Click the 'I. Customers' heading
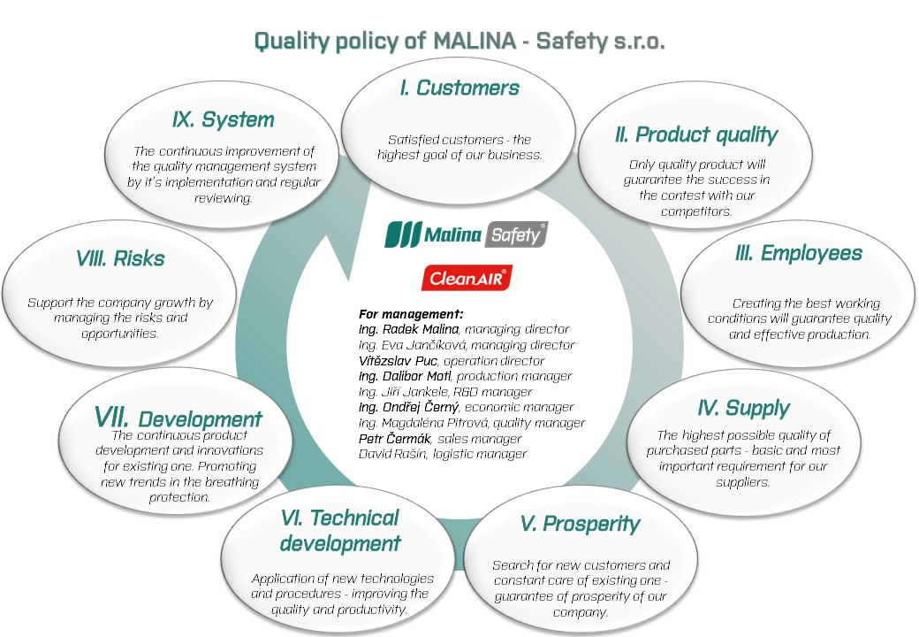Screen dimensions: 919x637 coord(459,88)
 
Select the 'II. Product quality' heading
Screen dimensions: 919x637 coord(696,134)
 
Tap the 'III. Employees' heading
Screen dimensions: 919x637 coord(799,253)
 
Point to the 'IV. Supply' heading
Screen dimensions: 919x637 coord(743,408)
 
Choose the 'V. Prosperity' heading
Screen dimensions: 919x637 coord(581,524)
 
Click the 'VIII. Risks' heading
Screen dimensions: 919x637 coord(120,258)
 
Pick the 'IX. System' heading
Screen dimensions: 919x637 coord(224,119)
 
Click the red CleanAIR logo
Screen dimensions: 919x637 coord(467,278)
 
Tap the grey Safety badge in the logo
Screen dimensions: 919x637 coord(516,234)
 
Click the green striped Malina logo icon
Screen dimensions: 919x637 coord(403,234)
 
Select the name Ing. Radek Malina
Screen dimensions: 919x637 coord(408,329)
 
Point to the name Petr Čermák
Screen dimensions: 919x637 coord(395,439)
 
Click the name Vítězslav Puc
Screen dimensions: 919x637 coord(398,361)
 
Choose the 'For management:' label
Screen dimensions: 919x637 coord(411,314)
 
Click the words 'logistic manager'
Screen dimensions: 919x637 coord(480,454)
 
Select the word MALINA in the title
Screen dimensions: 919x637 coord(475,41)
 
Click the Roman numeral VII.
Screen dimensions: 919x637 coord(111,417)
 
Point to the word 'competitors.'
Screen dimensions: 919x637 coord(696,211)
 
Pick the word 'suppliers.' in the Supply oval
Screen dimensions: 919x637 coord(742,482)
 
